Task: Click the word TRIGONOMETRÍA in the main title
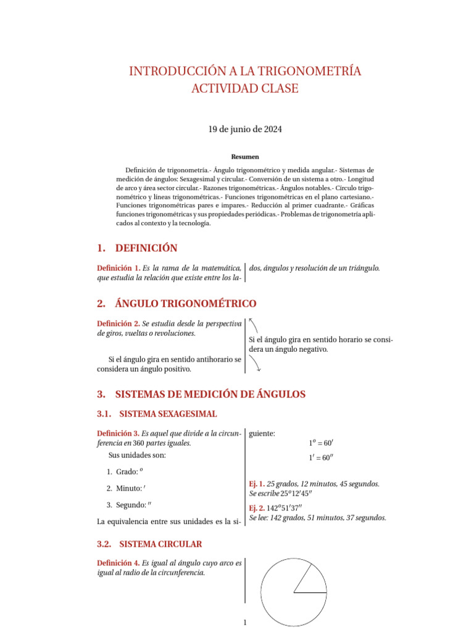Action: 314,72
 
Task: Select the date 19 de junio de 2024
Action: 245,129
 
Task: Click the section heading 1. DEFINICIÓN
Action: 137,248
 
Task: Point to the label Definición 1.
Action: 118,268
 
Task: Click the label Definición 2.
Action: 118,323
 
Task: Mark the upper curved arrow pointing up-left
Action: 254,325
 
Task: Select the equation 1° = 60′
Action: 321,443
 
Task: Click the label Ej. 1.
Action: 256,484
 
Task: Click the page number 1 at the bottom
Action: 245,622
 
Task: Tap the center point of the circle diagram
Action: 294,592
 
